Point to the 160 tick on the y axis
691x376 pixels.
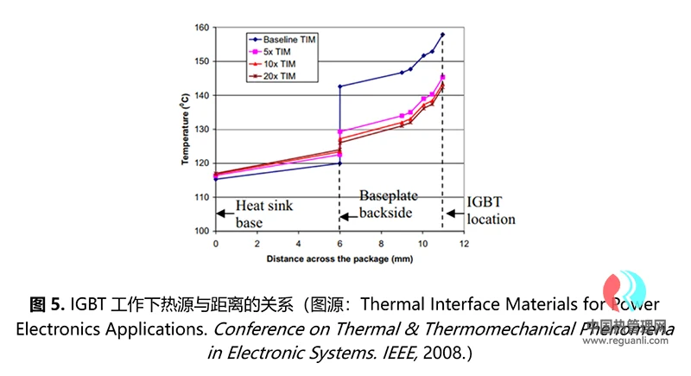click(x=202, y=28)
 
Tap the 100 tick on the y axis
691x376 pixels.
click(x=202, y=232)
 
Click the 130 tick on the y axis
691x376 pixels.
click(x=202, y=130)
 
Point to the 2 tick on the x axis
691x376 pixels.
click(x=257, y=244)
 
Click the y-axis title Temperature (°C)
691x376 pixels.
click(x=185, y=130)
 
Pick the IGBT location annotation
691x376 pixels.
click(x=491, y=210)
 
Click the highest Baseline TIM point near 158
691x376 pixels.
click(x=442, y=35)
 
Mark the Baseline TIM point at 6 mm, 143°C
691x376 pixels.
click(x=340, y=86)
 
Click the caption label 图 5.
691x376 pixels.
click(x=47, y=304)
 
